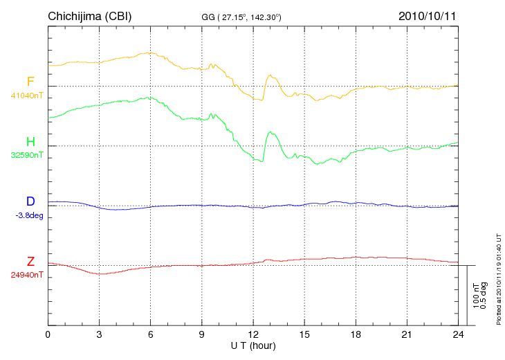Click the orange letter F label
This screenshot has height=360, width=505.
[30, 82]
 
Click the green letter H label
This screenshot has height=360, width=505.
[30, 142]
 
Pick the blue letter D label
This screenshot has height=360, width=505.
[30, 201]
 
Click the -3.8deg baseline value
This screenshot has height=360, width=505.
[29, 215]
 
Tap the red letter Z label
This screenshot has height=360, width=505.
[30, 262]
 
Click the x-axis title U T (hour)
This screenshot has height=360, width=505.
[253, 345]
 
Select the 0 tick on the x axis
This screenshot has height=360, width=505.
[48, 335]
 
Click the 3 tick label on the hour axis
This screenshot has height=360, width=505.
[99, 335]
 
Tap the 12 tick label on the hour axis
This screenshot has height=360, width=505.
[253, 335]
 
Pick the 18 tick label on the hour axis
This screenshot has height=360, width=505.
[356, 335]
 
